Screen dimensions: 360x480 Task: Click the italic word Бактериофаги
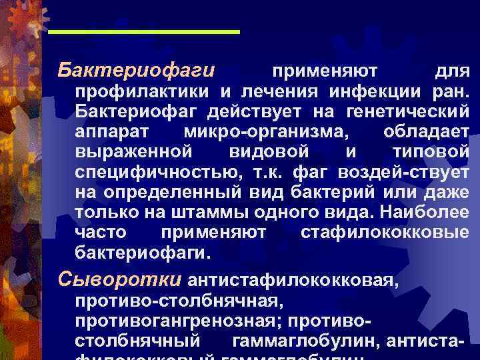click(136, 69)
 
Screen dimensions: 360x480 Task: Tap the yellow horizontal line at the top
click(145, 31)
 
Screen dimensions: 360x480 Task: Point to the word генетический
click(411, 109)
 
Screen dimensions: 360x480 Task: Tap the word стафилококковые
click(385, 233)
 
